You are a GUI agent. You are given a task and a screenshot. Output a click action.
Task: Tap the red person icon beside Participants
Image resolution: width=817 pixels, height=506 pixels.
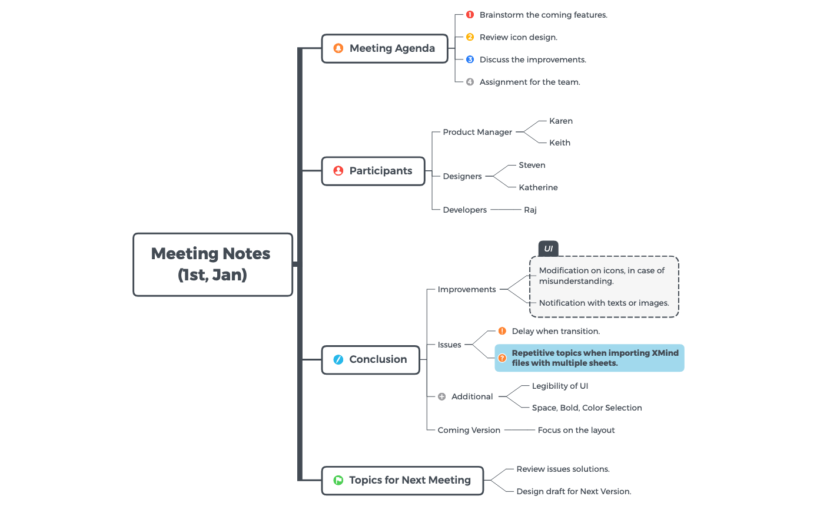[x=338, y=171]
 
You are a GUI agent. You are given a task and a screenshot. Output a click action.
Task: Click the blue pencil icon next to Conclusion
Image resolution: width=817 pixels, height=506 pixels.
[x=338, y=359]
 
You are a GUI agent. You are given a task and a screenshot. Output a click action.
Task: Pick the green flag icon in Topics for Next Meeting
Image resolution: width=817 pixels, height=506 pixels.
[x=338, y=480]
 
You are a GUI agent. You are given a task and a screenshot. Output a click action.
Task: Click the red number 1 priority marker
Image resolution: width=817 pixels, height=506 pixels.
[x=470, y=15]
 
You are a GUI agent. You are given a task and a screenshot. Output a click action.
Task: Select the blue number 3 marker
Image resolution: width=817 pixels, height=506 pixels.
[x=470, y=59]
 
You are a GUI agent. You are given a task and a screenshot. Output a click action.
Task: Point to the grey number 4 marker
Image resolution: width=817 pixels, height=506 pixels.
[x=470, y=82]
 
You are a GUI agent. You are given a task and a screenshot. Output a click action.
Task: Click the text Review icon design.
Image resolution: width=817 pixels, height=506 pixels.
[x=518, y=37]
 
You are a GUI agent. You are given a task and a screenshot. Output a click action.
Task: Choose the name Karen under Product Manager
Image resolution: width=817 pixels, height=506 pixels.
[x=560, y=121]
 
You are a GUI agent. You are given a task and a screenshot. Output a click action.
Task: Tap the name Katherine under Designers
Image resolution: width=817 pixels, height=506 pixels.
[x=538, y=187]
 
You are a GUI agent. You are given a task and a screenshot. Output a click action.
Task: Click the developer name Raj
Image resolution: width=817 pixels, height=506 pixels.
[x=530, y=210]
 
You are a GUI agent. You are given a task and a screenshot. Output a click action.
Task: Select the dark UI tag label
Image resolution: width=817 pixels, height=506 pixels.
[x=548, y=249]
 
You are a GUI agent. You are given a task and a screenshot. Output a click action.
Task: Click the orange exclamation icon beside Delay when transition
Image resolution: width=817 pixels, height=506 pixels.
[x=502, y=331]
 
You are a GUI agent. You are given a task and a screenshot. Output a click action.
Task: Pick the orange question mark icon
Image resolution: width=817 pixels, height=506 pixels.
[x=502, y=358]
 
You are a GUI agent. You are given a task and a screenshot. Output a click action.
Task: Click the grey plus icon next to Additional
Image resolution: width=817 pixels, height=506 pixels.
[x=442, y=397]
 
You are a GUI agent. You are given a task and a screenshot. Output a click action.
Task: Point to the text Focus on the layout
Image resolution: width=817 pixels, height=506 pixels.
[x=576, y=430]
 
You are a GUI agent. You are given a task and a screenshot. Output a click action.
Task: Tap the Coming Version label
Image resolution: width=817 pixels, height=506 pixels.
[x=469, y=430]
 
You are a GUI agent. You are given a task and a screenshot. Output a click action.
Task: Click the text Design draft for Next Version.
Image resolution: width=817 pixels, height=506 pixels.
[x=573, y=491]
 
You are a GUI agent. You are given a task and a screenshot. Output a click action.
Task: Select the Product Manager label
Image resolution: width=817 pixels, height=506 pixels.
[x=477, y=132]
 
